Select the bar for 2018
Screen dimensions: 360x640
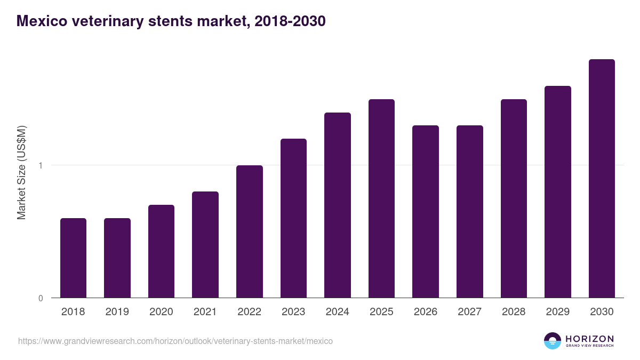point(73,258)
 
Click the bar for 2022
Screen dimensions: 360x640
point(250,231)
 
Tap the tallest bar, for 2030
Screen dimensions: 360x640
point(602,179)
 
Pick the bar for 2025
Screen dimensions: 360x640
point(381,198)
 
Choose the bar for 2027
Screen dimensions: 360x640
point(470,212)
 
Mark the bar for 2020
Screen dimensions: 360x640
point(161,251)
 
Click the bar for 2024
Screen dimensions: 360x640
point(338,205)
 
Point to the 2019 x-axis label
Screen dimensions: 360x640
point(117,312)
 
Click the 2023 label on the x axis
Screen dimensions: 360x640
point(293,312)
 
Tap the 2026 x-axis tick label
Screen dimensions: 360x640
point(426,312)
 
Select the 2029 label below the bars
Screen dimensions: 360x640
point(557,312)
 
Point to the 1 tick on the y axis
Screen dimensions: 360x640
point(41,165)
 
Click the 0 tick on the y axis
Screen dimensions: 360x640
point(41,298)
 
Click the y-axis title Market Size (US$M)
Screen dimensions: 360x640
point(21,172)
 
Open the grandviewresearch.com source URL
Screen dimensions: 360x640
point(175,341)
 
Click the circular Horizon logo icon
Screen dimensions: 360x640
point(553,341)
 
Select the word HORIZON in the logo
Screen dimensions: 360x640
point(589,338)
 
